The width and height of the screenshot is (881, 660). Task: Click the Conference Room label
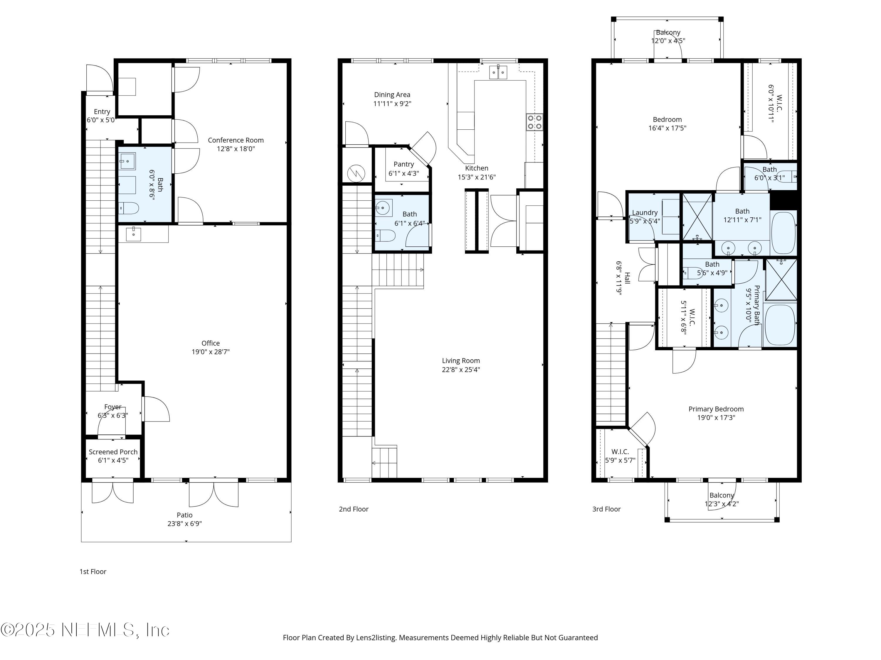(236, 140)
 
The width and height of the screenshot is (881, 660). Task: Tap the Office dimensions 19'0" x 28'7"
(210, 352)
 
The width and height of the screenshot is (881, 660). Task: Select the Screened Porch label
(113, 452)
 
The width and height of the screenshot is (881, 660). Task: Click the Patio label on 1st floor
(184, 515)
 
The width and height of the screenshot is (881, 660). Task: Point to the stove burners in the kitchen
(534, 122)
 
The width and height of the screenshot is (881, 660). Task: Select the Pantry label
(403, 164)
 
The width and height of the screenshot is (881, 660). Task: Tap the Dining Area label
(392, 95)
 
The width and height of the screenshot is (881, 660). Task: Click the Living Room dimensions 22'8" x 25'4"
(461, 370)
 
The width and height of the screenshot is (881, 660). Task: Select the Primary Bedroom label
(716, 409)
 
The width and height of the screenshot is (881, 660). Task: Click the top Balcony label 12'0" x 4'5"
(668, 37)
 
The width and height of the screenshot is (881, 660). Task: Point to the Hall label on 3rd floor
(627, 278)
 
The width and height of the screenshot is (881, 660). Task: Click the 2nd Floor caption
(353, 509)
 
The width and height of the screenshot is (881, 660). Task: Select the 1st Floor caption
(93, 572)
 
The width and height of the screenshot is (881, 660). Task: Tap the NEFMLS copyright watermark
(85, 630)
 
